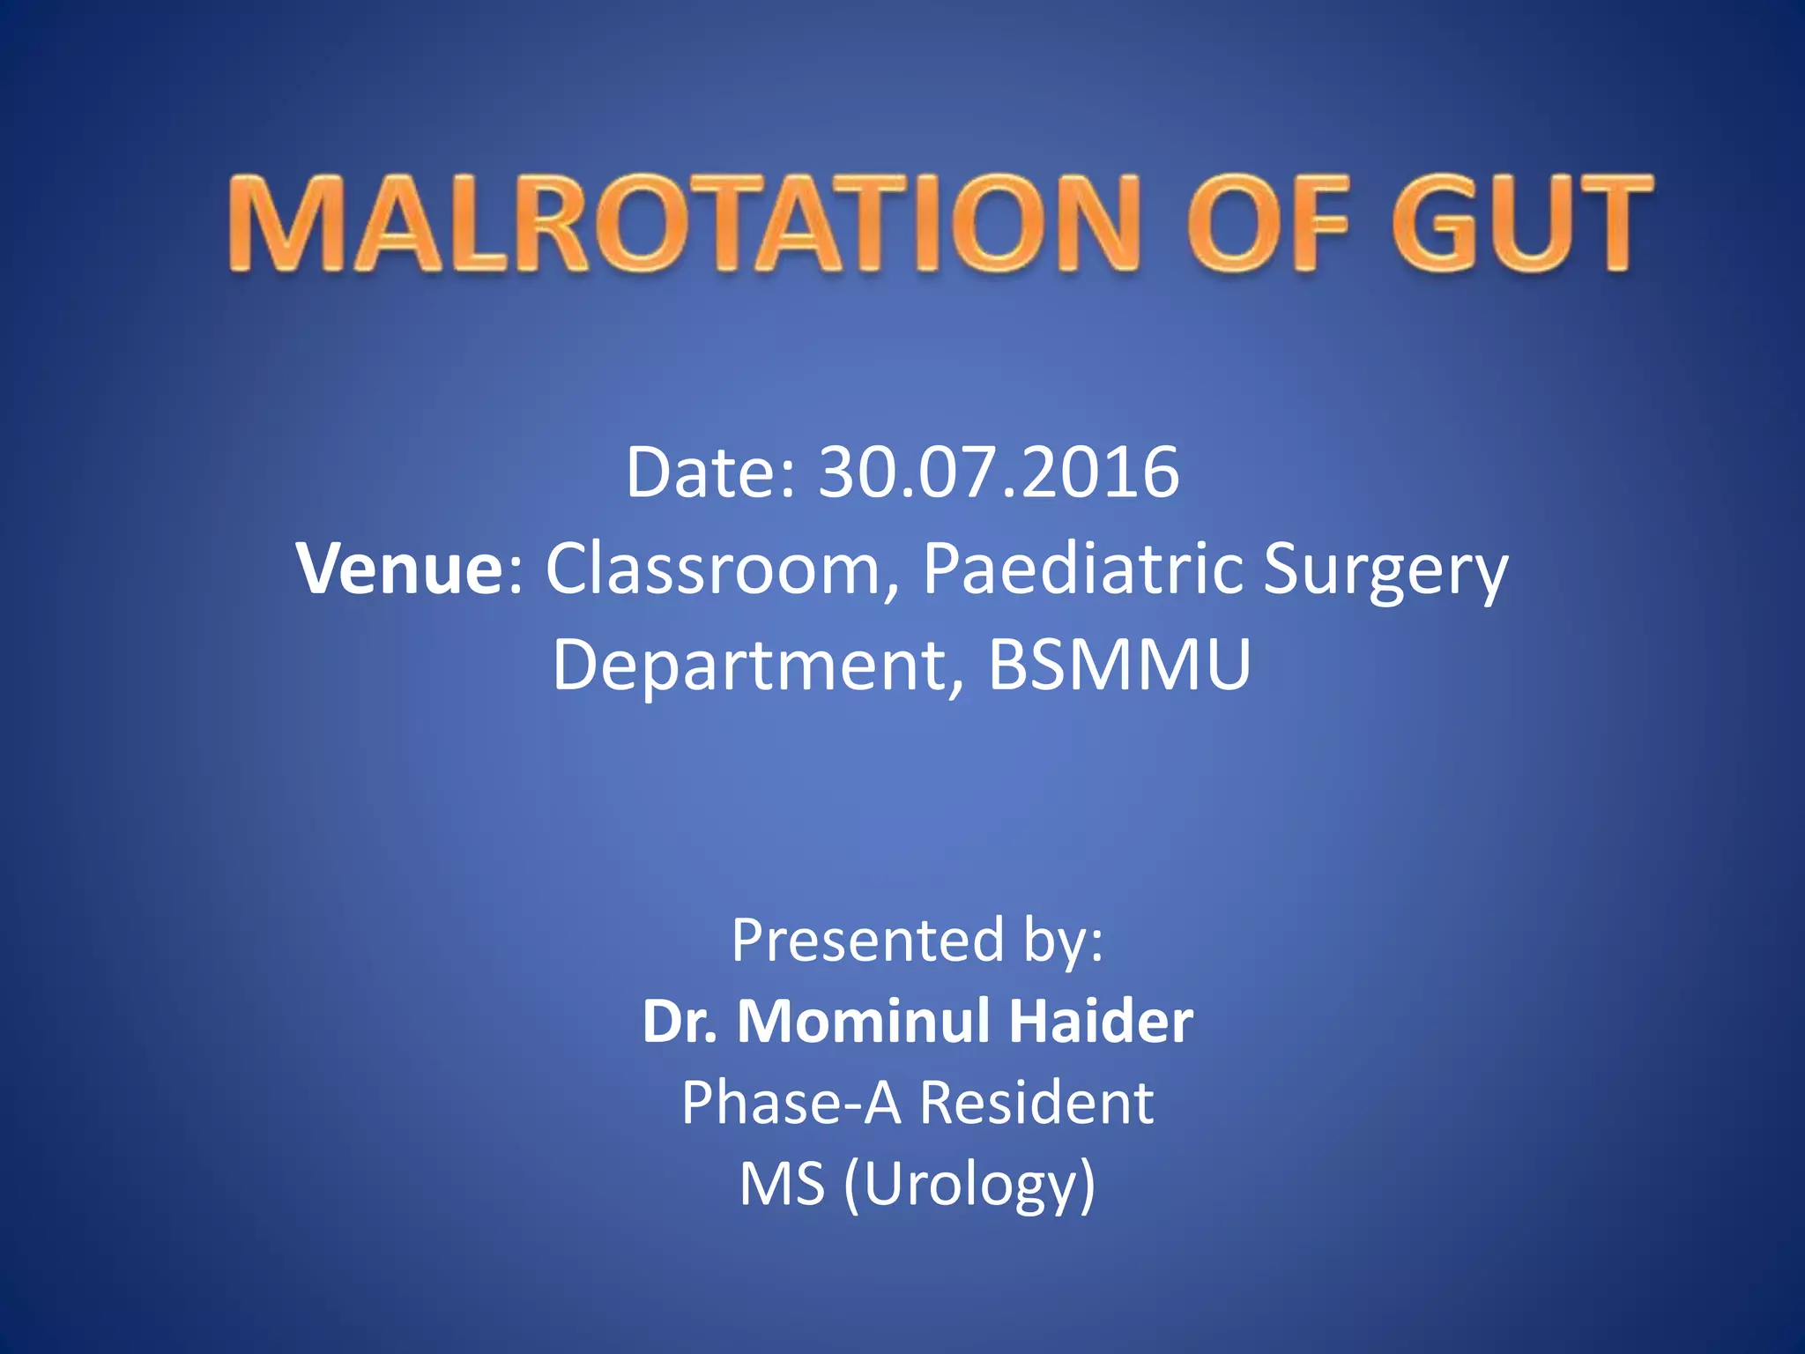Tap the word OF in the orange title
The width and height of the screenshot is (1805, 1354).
pyautogui.click(x=1269, y=222)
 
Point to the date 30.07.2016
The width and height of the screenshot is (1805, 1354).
pyautogui.click(x=999, y=472)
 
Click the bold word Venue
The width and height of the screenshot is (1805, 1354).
pyautogui.click(x=399, y=569)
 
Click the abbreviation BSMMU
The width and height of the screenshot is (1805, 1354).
pyautogui.click(x=1119, y=665)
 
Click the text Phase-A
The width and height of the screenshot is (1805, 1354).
pyautogui.click(x=791, y=1102)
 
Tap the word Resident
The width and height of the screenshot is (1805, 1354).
pyautogui.click(x=1036, y=1102)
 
